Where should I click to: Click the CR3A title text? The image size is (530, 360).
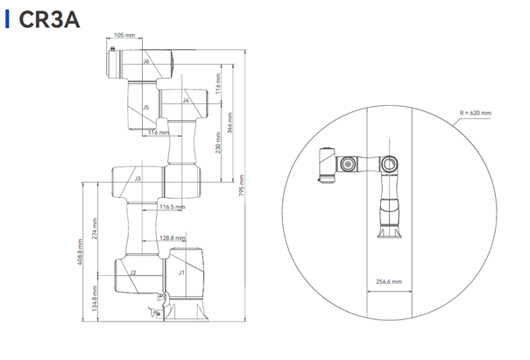point(49,19)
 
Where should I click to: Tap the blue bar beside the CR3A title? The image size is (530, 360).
point(7,19)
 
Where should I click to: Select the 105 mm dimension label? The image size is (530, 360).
point(124,35)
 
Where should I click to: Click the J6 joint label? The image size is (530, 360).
point(146,61)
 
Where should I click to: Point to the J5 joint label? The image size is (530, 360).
point(145,108)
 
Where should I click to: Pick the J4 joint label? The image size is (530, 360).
point(186,101)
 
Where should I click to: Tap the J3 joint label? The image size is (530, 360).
point(138,179)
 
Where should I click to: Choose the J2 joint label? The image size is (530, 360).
point(133,272)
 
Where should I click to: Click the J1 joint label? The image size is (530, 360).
point(181,272)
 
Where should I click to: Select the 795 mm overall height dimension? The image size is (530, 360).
point(241,185)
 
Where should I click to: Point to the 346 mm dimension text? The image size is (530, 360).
point(230,123)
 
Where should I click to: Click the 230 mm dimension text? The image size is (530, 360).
point(218,143)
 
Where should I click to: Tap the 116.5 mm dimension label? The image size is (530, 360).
point(173,207)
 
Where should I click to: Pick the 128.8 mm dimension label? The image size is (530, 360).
point(173,238)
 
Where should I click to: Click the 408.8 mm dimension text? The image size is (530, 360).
point(80,252)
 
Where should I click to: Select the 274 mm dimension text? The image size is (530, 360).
point(95,229)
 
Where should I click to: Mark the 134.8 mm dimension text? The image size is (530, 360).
point(95,299)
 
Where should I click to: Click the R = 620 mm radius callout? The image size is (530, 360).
point(475,113)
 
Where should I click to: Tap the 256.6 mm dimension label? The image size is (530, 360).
point(389,281)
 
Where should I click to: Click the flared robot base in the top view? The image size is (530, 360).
point(389,233)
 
